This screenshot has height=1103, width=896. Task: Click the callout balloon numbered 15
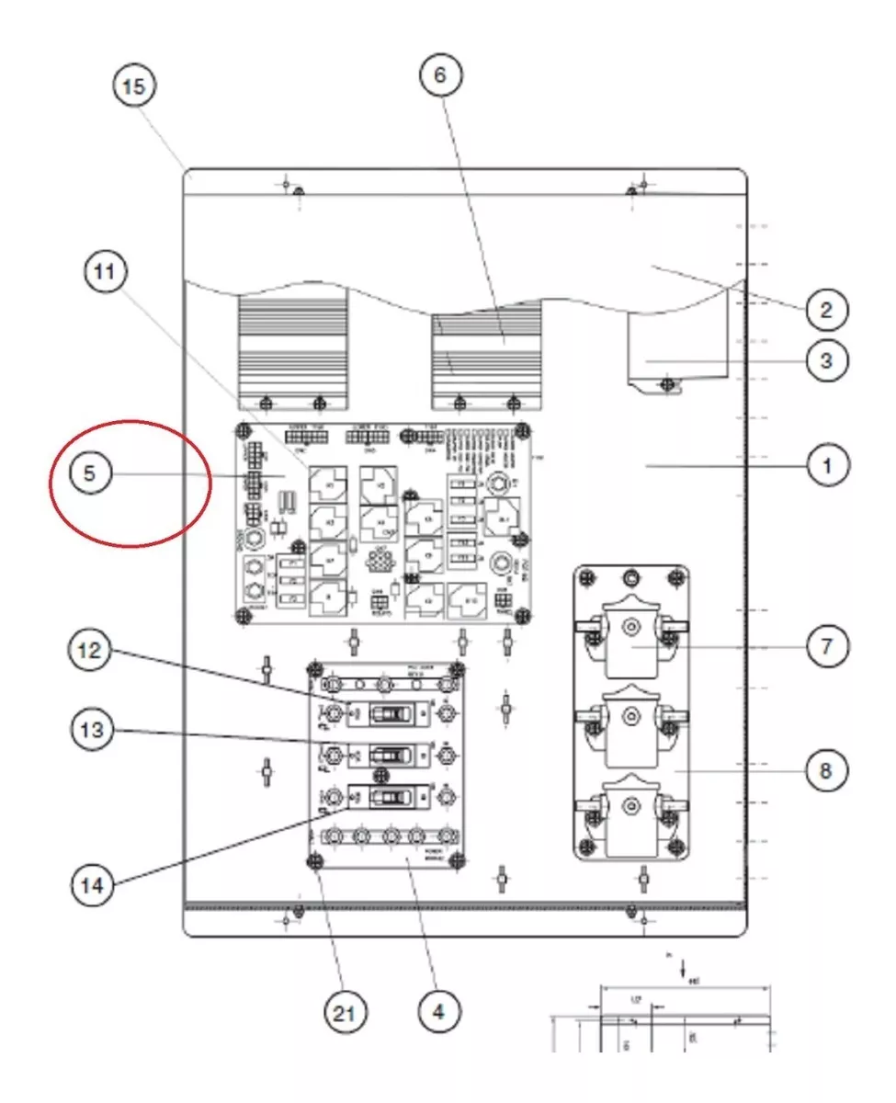133,87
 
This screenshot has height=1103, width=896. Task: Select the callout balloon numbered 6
439,75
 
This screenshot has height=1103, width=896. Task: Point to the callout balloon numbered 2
825,310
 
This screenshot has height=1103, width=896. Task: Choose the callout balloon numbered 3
825,360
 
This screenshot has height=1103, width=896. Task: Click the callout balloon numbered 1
825,467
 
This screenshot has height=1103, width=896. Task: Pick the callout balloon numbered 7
825,646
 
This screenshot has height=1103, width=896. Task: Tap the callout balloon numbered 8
825,770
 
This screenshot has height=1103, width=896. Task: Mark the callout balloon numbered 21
343,1014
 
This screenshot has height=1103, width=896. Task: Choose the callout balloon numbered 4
437,1012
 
